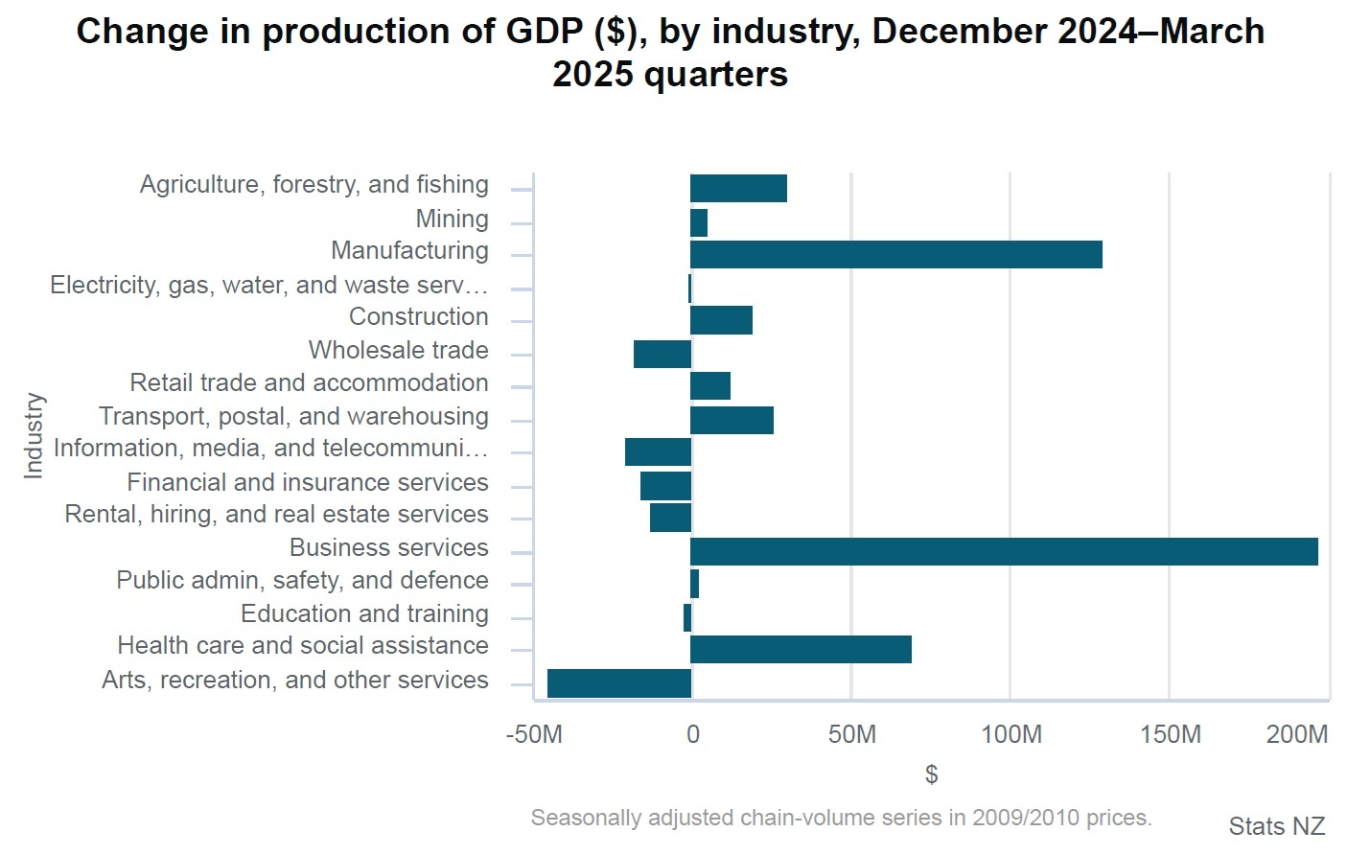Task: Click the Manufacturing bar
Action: click(895, 255)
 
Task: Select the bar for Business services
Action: click(1003, 552)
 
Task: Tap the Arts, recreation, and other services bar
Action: click(619, 683)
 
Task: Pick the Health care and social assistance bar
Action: click(801, 650)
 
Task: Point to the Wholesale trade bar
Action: click(662, 355)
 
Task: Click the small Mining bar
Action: click(699, 223)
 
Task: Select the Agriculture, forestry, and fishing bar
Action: click(738, 189)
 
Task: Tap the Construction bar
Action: click(721, 320)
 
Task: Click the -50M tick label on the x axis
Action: click(534, 735)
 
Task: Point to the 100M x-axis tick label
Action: click(1010, 735)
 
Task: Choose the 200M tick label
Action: click(1296, 735)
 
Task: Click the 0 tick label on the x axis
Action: click(692, 735)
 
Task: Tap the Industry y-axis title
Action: click(34, 435)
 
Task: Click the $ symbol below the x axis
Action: click(931, 774)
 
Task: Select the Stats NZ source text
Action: click(1276, 826)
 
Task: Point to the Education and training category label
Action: click(364, 613)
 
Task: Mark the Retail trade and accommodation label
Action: click(309, 383)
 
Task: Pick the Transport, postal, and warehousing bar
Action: click(732, 421)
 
